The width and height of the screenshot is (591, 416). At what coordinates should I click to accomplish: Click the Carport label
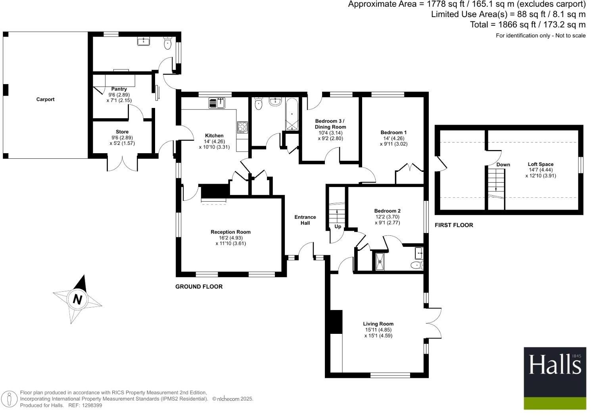tap(45, 99)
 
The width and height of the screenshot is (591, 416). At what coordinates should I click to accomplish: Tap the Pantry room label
tap(119, 89)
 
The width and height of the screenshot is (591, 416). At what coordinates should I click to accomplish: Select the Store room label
tap(122, 132)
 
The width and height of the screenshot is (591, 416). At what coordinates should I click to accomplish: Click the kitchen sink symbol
tap(217, 103)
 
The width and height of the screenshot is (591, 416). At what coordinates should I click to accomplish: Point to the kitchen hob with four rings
tap(242, 127)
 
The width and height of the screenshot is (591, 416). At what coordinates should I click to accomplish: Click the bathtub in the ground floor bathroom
tap(292, 114)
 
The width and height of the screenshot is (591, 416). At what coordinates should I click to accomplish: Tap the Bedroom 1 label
tap(393, 133)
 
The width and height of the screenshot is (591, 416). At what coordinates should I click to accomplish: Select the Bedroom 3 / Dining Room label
tap(330, 124)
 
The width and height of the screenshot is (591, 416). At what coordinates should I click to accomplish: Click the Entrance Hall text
tap(305, 220)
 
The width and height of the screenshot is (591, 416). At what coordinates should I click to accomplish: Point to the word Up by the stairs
tap(338, 227)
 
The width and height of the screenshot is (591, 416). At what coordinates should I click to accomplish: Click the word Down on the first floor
tap(503, 165)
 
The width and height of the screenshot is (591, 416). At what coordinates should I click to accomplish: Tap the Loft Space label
tap(540, 164)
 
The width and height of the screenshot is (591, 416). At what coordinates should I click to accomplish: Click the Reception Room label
tap(230, 232)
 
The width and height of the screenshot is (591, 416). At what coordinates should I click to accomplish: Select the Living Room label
tap(378, 324)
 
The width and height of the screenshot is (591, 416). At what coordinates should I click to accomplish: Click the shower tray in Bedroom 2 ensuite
tap(380, 261)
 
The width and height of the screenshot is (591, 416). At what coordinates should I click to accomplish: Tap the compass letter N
tap(78, 300)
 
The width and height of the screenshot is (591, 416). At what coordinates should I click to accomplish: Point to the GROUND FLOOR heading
tap(199, 287)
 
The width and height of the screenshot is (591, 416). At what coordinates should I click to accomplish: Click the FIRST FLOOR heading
tap(454, 225)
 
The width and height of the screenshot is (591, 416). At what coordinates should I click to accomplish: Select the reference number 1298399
tap(91, 405)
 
